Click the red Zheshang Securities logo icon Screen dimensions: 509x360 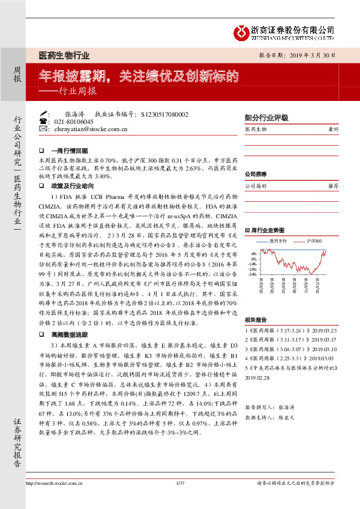click(x=243, y=31)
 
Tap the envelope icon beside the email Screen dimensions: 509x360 click(x=42, y=129)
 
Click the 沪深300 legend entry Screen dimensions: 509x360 click(x=313, y=241)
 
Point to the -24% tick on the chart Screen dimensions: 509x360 click(x=252, y=273)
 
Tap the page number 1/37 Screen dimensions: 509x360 click(x=180, y=482)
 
